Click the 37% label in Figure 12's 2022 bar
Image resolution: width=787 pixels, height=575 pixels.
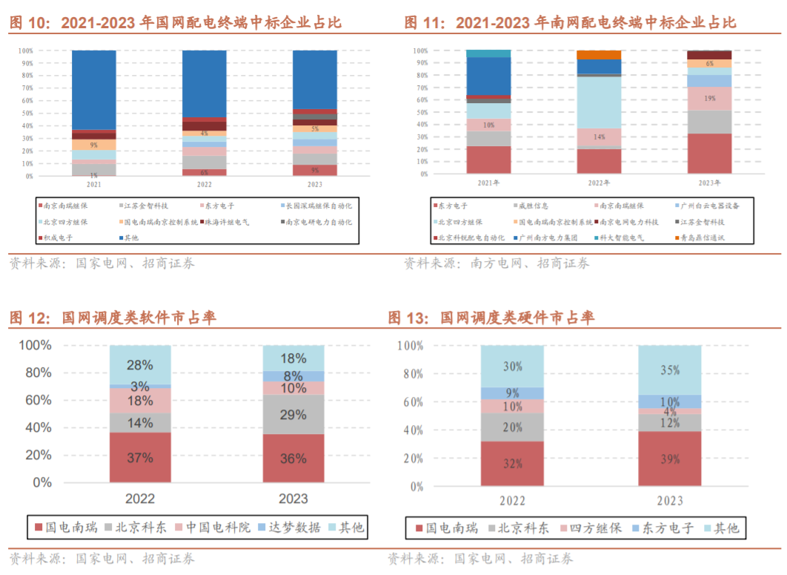(x=139, y=458)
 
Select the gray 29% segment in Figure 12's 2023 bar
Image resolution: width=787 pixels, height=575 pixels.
(x=293, y=415)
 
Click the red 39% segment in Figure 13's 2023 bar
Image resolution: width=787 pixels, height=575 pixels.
(x=669, y=459)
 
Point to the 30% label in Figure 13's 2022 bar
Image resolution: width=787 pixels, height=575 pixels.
(x=512, y=367)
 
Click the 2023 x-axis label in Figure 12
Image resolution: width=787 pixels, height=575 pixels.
(x=293, y=499)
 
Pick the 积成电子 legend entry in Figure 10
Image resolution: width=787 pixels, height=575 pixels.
(x=60, y=237)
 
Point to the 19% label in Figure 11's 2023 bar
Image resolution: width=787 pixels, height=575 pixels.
(x=709, y=98)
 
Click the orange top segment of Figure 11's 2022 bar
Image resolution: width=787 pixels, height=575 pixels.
(x=599, y=54)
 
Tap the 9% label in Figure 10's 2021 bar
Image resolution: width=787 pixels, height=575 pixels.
(x=93, y=145)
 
